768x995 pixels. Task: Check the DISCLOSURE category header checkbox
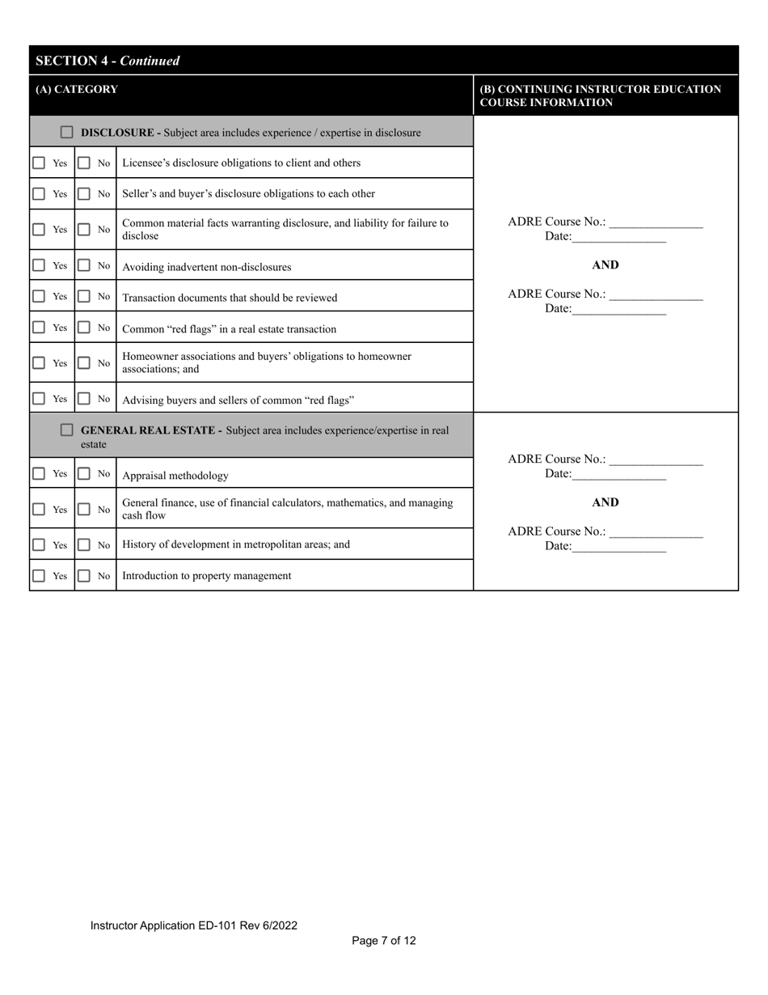(x=67, y=132)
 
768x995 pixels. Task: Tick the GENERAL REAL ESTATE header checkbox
(x=67, y=430)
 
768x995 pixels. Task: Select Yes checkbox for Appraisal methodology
(x=39, y=474)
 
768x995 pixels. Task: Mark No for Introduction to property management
(x=84, y=576)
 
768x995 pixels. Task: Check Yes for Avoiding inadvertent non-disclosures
(x=39, y=265)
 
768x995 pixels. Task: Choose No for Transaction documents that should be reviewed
(x=84, y=297)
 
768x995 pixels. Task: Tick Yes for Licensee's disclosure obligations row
(x=39, y=163)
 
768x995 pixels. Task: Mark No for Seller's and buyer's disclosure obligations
(x=84, y=194)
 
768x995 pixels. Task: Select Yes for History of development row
(x=39, y=545)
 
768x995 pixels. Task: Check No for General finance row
(x=84, y=510)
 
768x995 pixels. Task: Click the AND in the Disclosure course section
(x=605, y=265)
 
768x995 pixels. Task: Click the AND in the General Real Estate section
(x=605, y=502)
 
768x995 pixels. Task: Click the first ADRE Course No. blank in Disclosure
(x=656, y=223)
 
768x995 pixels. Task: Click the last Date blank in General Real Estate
(x=618, y=548)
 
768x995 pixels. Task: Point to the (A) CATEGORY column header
(x=77, y=89)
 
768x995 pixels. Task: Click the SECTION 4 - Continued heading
(x=108, y=61)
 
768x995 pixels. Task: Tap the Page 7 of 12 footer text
(x=384, y=941)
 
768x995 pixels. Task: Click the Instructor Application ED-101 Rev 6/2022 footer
(x=194, y=925)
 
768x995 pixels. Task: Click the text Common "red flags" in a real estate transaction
(x=229, y=329)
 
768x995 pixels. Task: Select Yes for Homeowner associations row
(x=39, y=363)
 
